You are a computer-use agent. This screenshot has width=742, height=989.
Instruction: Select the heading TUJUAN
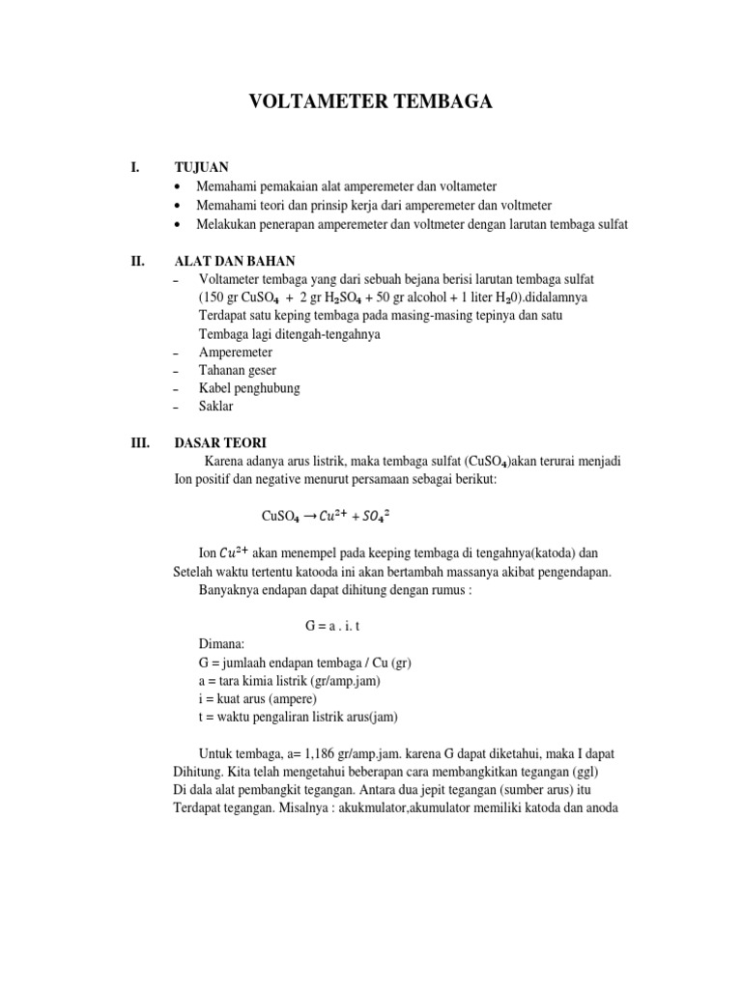201,167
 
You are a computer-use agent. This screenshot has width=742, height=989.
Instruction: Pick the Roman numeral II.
136,261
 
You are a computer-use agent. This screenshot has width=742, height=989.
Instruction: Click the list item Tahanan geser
237,370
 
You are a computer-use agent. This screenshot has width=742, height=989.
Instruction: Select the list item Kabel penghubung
249,388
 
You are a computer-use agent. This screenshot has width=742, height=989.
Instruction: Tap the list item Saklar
216,407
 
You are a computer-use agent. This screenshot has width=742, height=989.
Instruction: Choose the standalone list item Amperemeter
236,353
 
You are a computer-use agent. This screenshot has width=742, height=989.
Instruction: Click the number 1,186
321,752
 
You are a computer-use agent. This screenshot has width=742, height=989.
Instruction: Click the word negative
265,480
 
